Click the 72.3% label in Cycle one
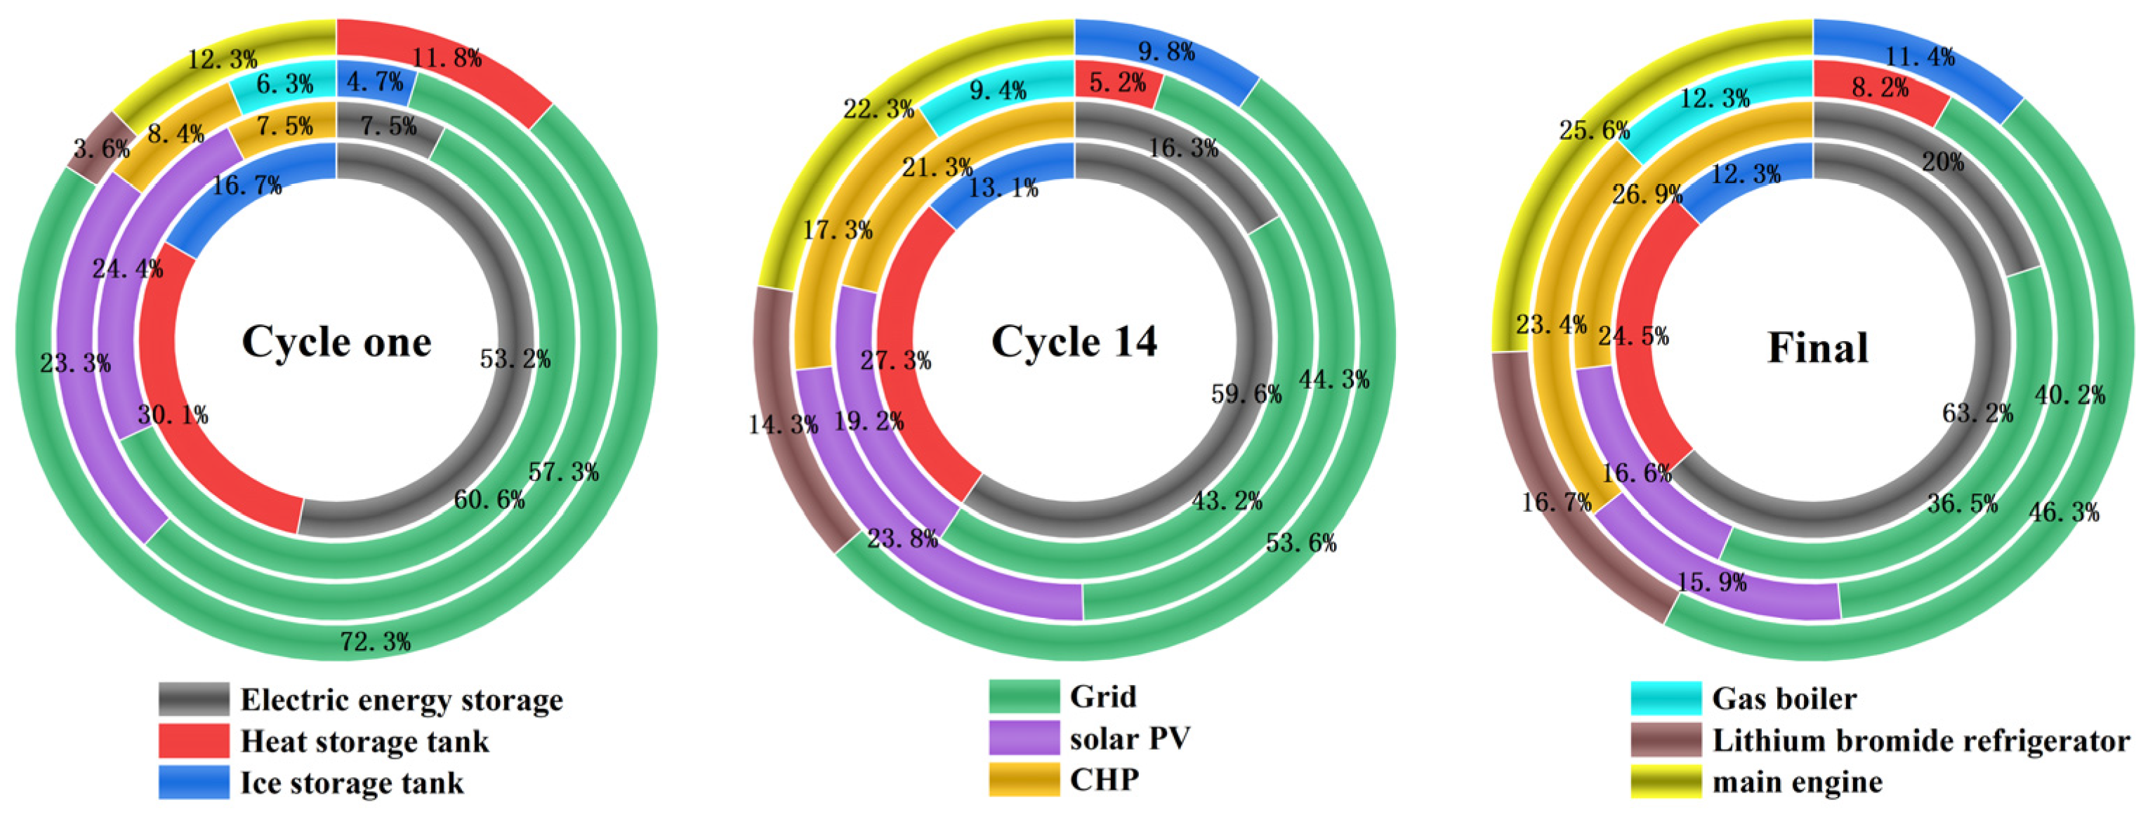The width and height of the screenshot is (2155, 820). coord(375,642)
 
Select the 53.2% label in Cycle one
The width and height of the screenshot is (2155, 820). coord(515,359)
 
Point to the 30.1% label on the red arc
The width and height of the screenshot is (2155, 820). coord(172,414)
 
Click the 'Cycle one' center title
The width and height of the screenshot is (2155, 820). coord(336,342)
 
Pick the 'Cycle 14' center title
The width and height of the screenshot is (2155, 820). coord(1074,342)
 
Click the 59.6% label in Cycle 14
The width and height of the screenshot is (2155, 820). coord(1246,393)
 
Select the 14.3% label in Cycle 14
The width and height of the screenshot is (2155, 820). coord(782,424)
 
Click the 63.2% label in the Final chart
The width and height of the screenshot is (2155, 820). coord(1977,413)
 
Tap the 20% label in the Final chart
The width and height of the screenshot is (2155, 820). coord(1942,161)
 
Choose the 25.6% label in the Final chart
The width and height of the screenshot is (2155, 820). coord(1595,130)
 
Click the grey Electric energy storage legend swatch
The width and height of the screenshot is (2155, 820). coord(193,699)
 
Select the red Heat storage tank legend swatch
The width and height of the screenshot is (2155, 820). coord(193,741)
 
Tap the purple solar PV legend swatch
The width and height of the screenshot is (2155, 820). coord(1023,738)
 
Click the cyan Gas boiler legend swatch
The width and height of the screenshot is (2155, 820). coord(1666,699)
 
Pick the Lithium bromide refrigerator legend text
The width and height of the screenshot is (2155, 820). coord(1920,741)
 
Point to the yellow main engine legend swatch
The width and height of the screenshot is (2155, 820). coord(1666,781)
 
